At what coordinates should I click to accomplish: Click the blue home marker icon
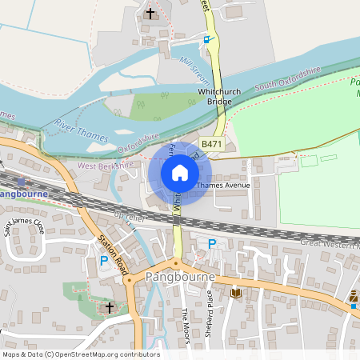180,172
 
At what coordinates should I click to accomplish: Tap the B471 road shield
212,144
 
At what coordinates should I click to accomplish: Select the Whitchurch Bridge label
219,98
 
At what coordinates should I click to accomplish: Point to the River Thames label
82,130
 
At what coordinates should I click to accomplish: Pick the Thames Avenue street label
223,186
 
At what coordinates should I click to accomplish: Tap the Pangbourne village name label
182,277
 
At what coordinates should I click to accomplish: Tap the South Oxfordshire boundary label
287,78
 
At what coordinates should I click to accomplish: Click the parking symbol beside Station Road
103,260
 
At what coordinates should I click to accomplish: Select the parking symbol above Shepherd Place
212,244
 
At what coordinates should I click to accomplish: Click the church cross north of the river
151,14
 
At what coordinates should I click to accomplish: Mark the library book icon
235,294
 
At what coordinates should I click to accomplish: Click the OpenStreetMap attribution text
81,354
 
